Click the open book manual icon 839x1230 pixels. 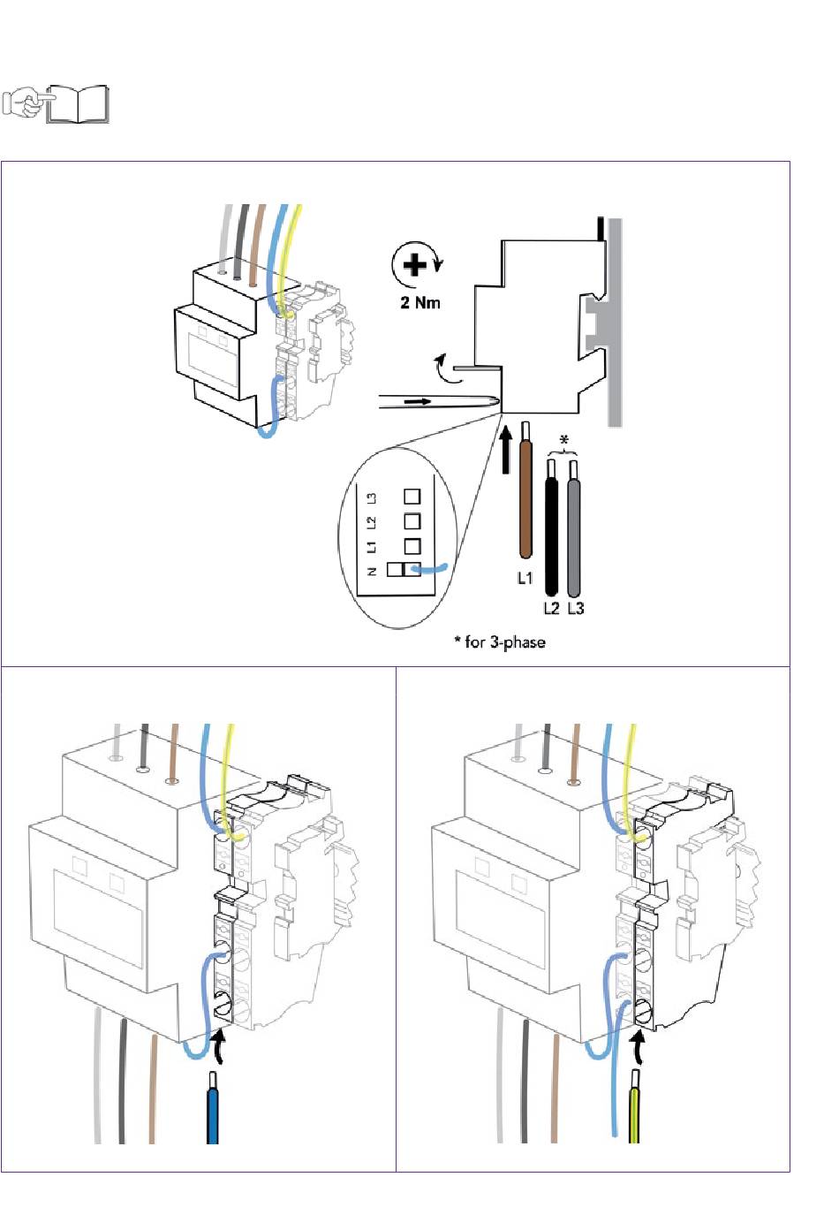(x=78, y=103)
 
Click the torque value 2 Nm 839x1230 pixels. (x=419, y=302)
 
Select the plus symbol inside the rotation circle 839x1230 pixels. (x=415, y=265)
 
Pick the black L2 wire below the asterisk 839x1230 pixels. (x=551, y=528)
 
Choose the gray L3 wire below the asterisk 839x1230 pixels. (x=574, y=528)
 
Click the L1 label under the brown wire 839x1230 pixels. (x=525, y=578)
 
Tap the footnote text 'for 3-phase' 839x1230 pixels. (x=505, y=642)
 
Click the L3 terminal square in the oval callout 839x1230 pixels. (x=412, y=497)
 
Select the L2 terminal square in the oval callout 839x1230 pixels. (x=412, y=520)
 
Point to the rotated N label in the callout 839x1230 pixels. (x=372, y=571)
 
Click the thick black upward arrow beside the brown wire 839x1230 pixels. (x=506, y=451)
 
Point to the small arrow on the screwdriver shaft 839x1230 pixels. (x=418, y=402)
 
